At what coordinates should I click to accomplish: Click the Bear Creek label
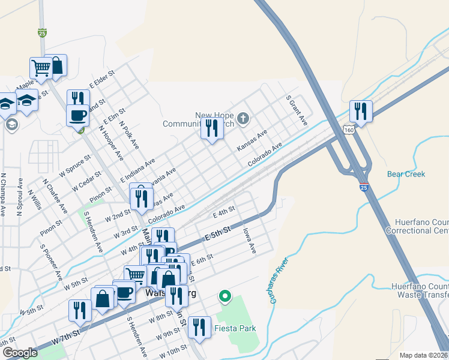(x=406, y=174)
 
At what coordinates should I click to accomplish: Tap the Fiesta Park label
(x=236, y=328)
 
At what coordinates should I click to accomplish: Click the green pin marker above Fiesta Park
(x=225, y=296)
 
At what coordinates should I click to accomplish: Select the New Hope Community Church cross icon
(x=243, y=118)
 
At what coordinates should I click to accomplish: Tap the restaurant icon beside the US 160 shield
(x=361, y=111)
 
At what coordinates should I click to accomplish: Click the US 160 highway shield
(x=351, y=128)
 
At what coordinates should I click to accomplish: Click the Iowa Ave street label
(x=249, y=239)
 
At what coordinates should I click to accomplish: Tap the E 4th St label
(x=223, y=212)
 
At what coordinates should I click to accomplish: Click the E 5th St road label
(x=218, y=233)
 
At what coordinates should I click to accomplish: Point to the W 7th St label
(x=66, y=337)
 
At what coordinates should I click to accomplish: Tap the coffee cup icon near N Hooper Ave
(x=77, y=115)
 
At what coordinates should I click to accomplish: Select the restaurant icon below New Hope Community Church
(x=212, y=129)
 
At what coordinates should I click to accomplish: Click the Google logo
(x=20, y=353)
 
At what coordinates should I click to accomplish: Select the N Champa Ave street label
(x=3, y=195)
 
